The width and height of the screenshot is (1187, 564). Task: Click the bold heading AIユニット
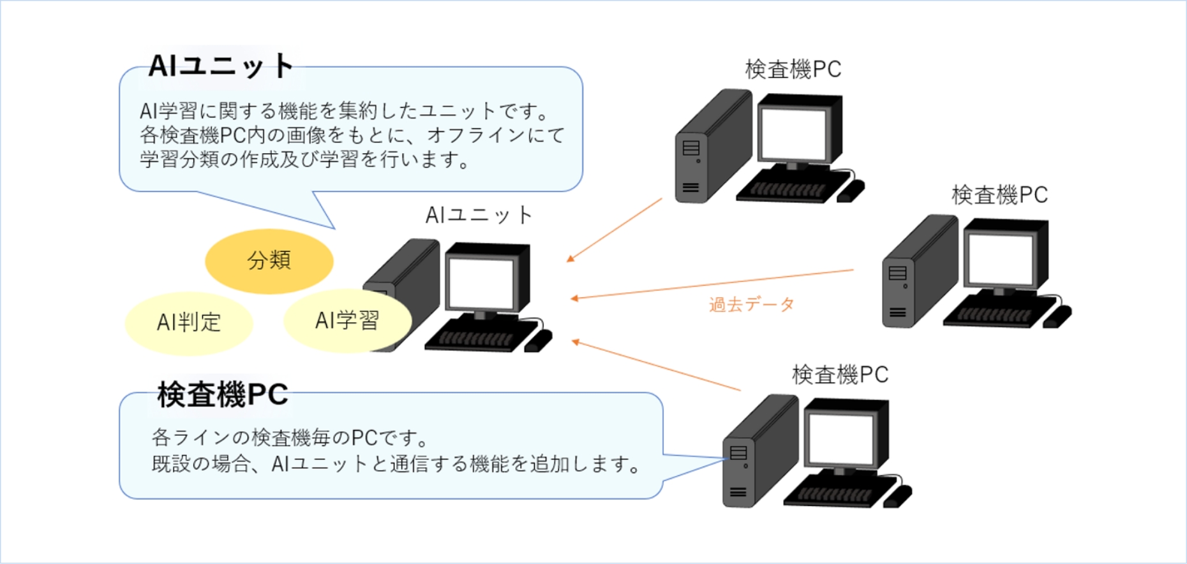tap(221, 66)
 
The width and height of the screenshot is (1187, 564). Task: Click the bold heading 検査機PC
tap(223, 394)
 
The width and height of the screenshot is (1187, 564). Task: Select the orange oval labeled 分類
tap(269, 260)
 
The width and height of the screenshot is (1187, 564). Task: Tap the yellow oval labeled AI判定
tap(189, 323)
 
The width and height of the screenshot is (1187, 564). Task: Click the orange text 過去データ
tap(752, 304)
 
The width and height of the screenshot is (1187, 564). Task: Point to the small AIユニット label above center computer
tap(479, 215)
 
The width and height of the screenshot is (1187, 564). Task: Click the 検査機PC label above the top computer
tap(793, 69)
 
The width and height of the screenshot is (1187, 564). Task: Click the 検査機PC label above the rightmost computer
tap(999, 195)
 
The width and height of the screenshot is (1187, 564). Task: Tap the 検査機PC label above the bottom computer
tap(840, 375)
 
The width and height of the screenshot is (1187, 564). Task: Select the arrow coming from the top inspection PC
tap(615, 230)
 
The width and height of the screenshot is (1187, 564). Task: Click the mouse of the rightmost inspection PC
tap(1057, 316)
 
